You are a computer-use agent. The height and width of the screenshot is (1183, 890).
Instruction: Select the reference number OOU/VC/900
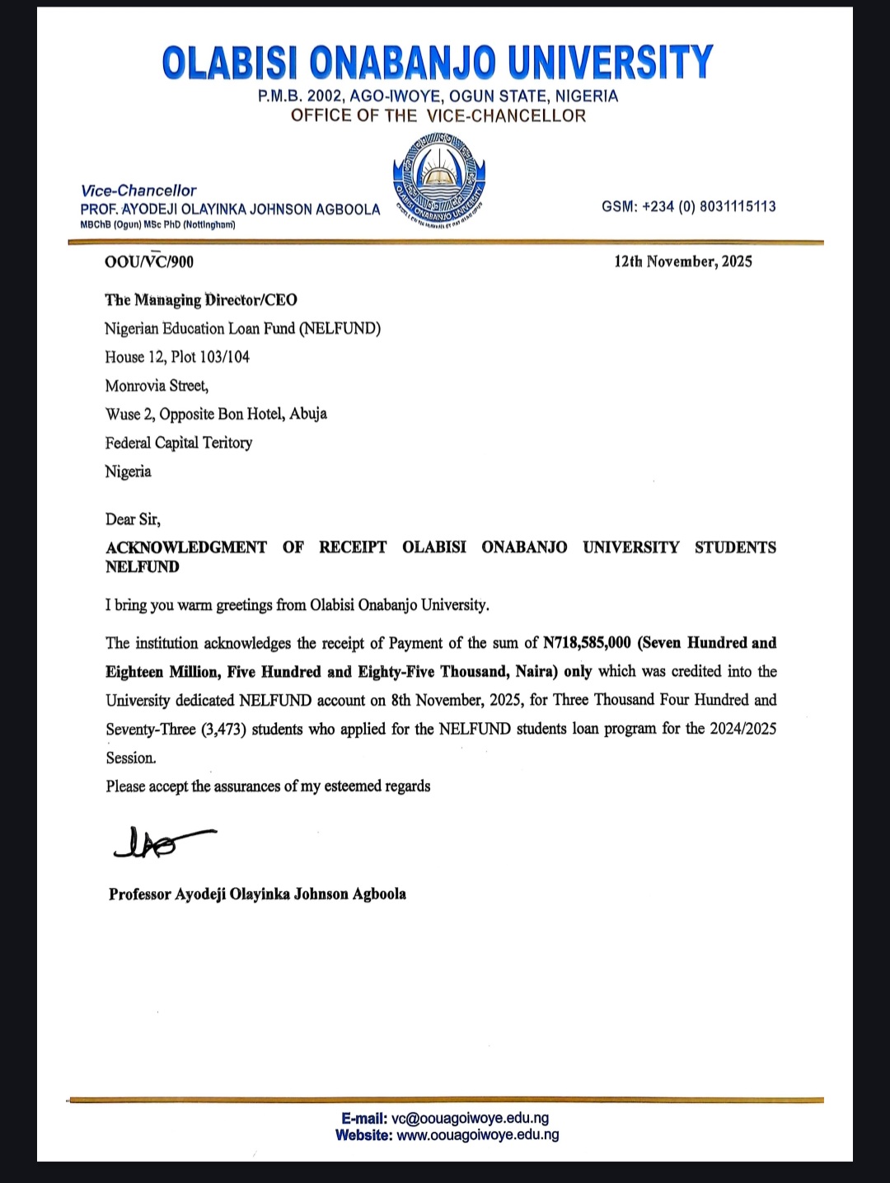(149, 262)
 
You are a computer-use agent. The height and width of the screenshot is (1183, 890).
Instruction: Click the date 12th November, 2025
(682, 261)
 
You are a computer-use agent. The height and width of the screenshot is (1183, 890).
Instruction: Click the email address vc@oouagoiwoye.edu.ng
(470, 1118)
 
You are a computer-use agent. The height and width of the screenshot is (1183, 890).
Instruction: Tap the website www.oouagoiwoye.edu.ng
(478, 1134)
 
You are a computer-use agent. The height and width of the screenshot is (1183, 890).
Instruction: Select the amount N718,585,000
(587, 643)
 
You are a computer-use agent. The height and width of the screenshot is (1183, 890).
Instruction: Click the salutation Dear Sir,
(133, 519)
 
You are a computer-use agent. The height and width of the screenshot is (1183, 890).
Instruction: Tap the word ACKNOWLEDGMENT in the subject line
(186, 547)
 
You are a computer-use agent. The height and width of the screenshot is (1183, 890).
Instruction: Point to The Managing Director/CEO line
(201, 300)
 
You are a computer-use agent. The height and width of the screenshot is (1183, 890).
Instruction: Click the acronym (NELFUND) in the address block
(340, 329)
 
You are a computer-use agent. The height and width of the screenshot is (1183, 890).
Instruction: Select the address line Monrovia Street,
(157, 386)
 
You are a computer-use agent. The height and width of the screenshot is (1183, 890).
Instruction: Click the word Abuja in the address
(308, 414)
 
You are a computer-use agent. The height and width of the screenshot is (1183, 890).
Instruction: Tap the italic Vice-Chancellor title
(138, 190)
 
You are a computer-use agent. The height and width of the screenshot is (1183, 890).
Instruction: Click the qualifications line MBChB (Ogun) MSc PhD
(157, 225)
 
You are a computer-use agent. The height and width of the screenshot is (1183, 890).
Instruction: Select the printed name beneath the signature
(257, 894)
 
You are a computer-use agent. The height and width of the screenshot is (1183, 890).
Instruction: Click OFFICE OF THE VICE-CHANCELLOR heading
(438, 115)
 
